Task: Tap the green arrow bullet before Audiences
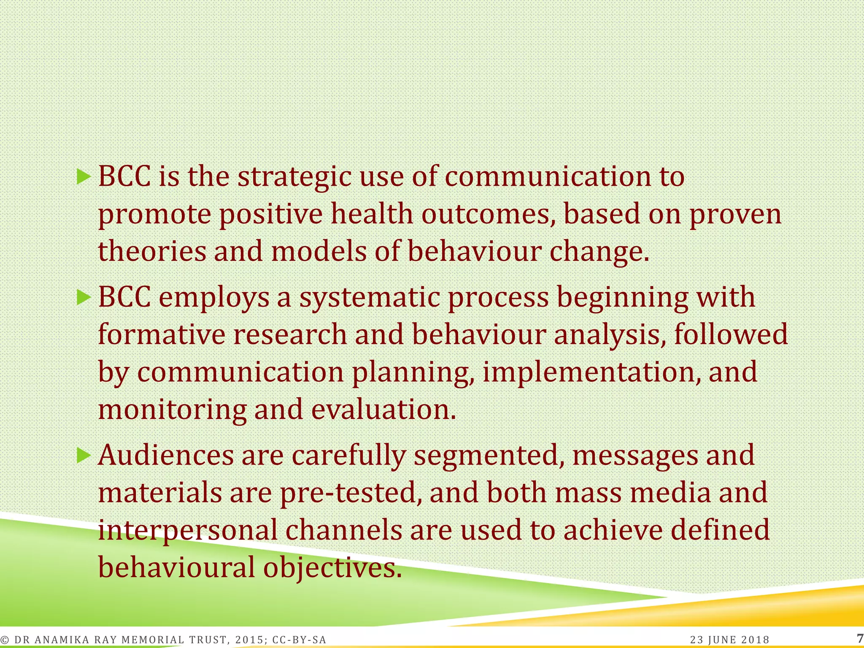84,455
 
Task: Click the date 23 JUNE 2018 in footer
730,640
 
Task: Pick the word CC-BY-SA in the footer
299,640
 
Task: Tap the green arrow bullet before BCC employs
84,298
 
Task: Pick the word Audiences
166,456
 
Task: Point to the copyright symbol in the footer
5,640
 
